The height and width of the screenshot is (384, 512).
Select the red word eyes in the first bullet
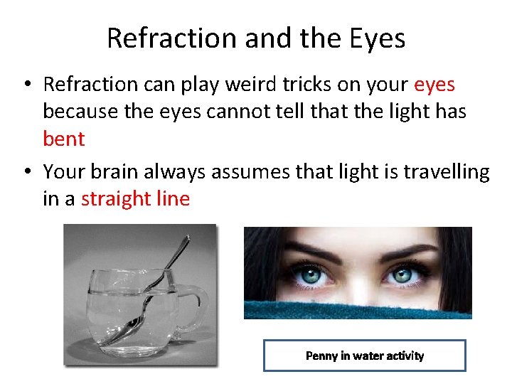pos(434,84)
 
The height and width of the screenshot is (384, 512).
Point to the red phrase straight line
pos(135,198)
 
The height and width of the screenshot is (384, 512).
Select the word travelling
pos(447,171)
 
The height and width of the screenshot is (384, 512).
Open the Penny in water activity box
pos(364,355)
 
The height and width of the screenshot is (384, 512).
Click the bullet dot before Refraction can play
pos(26,85)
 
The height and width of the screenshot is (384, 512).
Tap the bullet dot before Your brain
pos(26,172)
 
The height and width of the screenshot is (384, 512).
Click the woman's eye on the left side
pos(309,274)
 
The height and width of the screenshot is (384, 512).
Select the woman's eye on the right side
pos(403,274)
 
